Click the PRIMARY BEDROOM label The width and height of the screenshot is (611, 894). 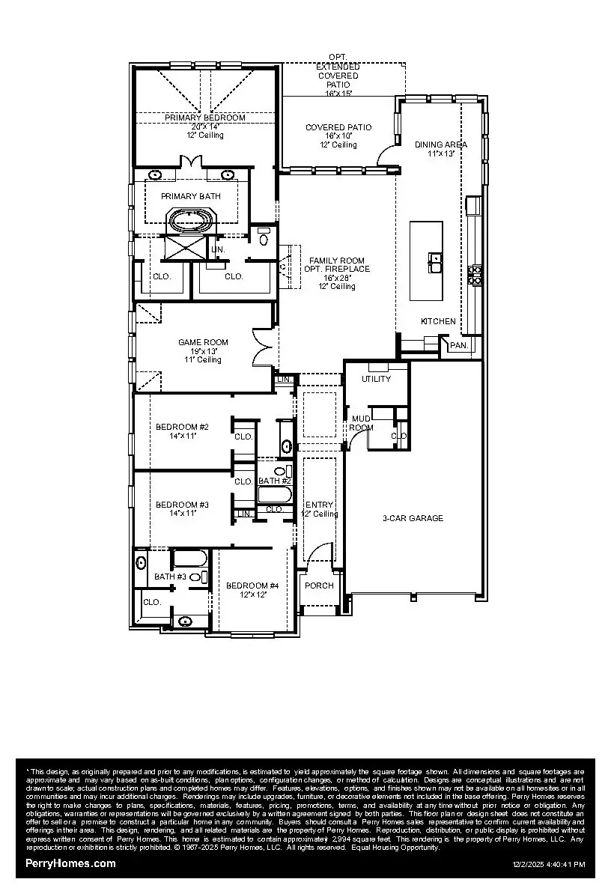tap(204, 118)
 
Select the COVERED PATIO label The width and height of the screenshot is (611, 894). tap(338, 128)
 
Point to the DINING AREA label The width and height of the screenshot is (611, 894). tap(441, 144)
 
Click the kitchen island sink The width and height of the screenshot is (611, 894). tap(435, 261)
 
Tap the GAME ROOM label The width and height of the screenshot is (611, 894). tap(203, 342)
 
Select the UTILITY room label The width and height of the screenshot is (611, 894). tap(376, 379)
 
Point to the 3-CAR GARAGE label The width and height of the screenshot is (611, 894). tap(413, 518)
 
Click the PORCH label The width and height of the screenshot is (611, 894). tap(319, 586)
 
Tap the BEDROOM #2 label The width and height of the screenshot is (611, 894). tap(182, 427)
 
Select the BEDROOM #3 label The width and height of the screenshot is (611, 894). tap(182, 505)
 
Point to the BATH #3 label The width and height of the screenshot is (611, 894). tap(170, 577)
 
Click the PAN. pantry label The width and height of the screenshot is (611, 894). tap(458, 346)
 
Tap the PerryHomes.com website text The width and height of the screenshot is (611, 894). tap(70, 863)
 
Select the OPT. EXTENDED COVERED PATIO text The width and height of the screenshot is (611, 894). tap(338, 75)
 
